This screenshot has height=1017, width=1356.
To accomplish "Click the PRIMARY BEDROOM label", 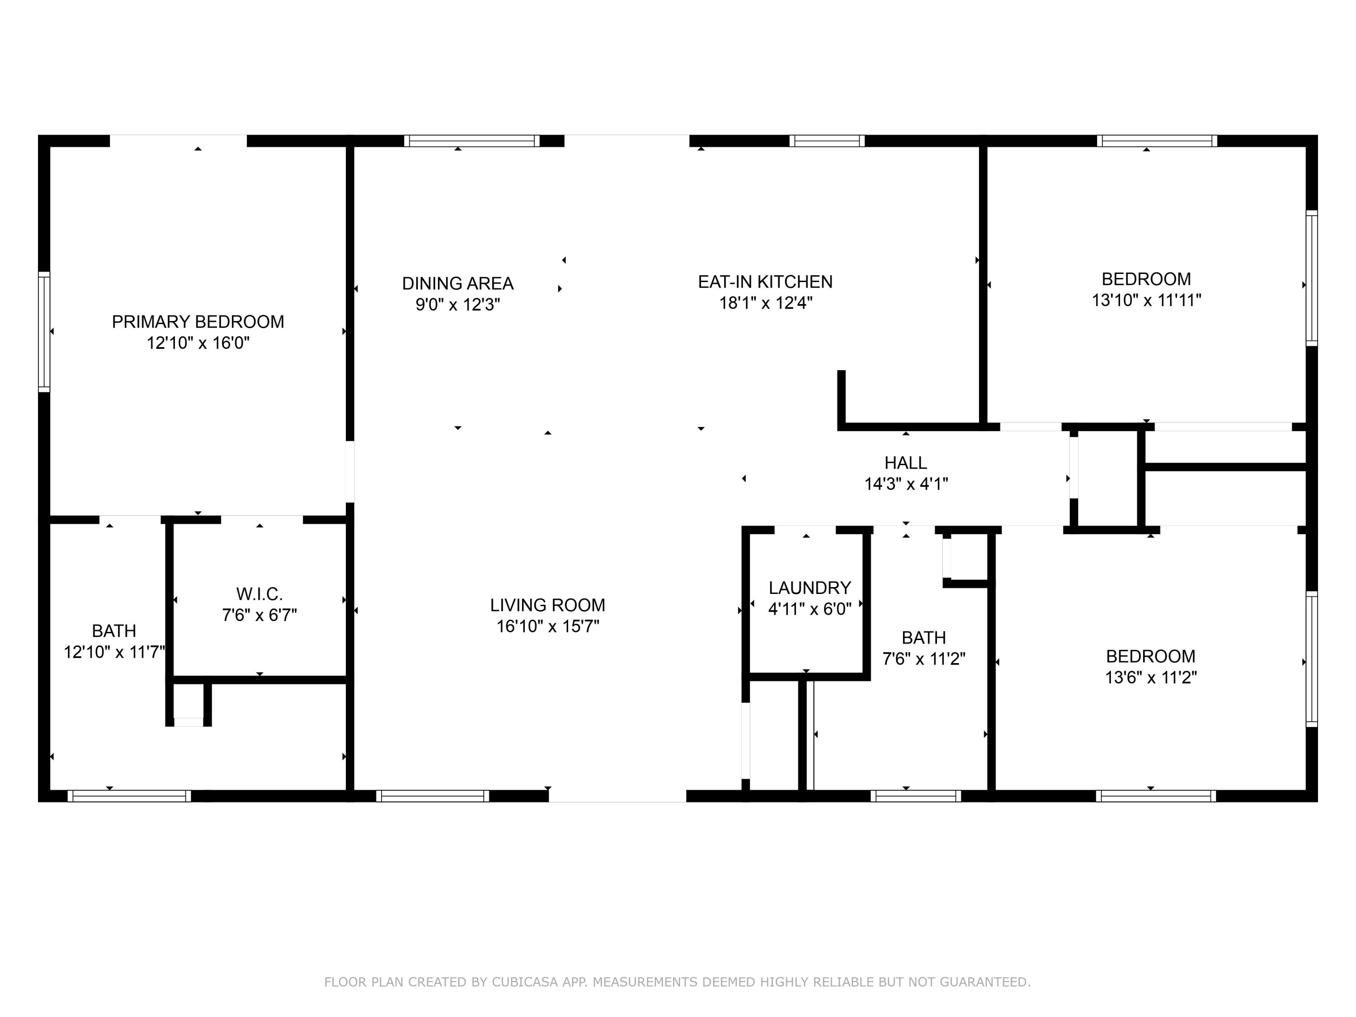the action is [x=198, y=322].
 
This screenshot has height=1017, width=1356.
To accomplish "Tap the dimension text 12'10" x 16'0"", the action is [x=198, y=343].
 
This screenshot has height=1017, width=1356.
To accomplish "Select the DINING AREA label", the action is [x=458, y=283].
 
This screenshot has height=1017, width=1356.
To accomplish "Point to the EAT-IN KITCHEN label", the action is [x=765, y=282].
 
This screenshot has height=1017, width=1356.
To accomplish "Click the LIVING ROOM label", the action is [x=547, y=605].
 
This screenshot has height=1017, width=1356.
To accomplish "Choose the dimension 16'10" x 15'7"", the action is [x=547, y=626].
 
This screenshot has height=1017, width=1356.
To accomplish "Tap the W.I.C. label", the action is [x=259, y=594].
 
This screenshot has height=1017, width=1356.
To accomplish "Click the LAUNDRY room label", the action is [x=810, y=588].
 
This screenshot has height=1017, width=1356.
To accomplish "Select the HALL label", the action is [x=905, y=463].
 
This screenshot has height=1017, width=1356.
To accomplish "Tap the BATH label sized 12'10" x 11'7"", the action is [x=114, y=631].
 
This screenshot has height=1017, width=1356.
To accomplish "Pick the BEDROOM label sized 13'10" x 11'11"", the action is [x=1146, y=279].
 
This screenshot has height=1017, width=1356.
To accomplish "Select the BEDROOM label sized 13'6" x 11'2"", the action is [x=1151, y=657].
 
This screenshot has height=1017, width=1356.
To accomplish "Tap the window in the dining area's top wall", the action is [x=472, y=141].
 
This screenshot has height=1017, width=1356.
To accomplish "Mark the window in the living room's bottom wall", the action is [x=433, y=796].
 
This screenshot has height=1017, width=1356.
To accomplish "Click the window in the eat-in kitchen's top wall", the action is [x=827, y=141].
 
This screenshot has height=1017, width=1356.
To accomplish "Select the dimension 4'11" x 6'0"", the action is [x=810, y=609].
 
